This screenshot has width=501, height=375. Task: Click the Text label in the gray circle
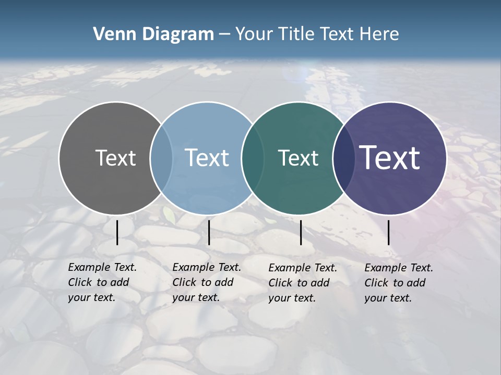click(115, 158)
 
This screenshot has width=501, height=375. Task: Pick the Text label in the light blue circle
click(207, 158)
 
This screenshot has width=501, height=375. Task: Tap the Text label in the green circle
click(298, 158)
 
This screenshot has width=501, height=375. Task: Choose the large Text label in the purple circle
click(390, 158)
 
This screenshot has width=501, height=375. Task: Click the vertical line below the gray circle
click(117, 232)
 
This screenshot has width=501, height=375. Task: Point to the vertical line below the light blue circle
click(209, 232)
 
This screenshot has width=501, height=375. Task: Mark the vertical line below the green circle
click(301, 232)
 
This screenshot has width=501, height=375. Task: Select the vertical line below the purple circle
click(389, 232)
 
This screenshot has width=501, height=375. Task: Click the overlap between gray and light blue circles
click(161, 158)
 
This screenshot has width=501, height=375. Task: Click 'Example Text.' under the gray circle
click(102, 267)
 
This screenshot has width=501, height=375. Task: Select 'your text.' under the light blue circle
click(196, 297)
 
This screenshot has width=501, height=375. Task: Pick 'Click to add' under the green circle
click(299, 283)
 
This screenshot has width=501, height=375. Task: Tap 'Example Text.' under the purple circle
click(399, 268)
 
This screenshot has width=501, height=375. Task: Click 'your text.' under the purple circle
click(388, 298)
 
